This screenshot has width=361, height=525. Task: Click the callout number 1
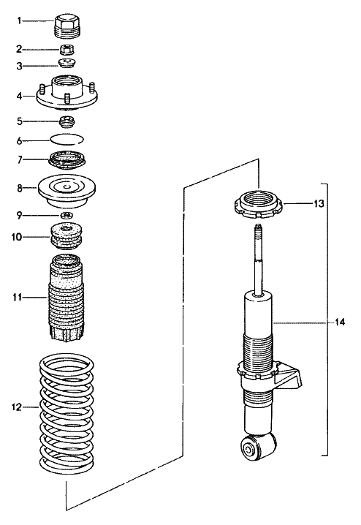pos(21,20)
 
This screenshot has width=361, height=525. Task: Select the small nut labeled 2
pos(66,50)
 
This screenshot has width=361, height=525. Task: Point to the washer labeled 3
pos(66,64)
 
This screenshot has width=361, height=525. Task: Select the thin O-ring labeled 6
pos(66,139)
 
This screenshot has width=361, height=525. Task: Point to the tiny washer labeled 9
pos(66,214)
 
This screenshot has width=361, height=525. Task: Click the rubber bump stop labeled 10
pos(66,238)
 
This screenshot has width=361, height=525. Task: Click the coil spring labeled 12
pos(66,413)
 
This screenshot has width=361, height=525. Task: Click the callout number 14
pos(339,322)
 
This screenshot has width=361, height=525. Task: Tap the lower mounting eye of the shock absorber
pos(260,447)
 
